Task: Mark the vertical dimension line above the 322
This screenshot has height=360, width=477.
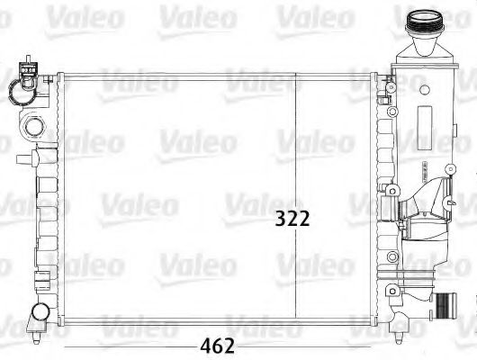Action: click(297, 135)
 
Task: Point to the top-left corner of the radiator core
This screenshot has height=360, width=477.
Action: click(59, 73)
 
